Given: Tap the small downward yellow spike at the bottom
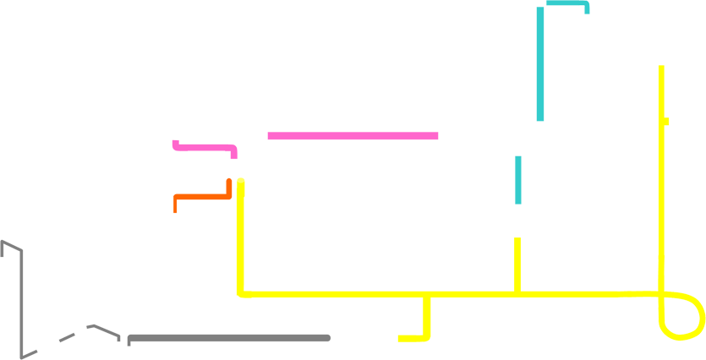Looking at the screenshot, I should tap(420, 333).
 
